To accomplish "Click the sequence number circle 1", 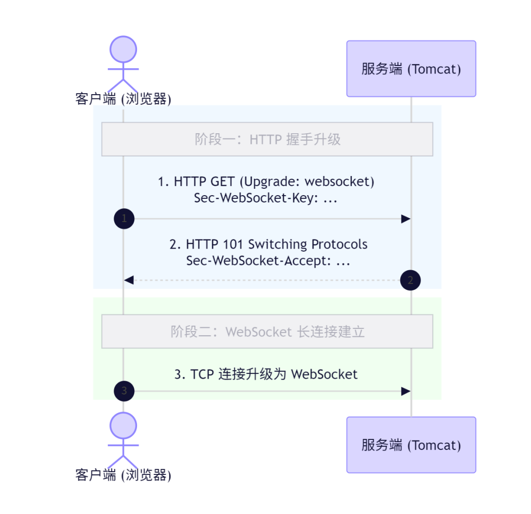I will [x=124, y=219].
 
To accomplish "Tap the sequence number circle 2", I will [x=410, y=280].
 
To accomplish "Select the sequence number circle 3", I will [x=124, y=391].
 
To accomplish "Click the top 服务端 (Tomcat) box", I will [x=411, y=69].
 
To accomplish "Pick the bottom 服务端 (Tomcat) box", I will [x=411, y=445].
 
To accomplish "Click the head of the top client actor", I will [x=123, y=49].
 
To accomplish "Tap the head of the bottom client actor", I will [x=123, y=426].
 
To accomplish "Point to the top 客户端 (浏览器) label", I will [x=123, y=99].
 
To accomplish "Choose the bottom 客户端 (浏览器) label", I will [x=123, y=475].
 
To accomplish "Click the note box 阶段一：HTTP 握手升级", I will [x=267, y=139].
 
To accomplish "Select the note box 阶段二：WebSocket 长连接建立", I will [x=267, y=332].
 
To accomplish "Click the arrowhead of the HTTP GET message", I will [x=406, y=219].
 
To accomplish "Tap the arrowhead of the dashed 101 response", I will [x=129, y=280].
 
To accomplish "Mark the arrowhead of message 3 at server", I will [x=406, y=391].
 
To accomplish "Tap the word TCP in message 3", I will [x=202, y=374].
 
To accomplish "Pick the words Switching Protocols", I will [x=308, y=244].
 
